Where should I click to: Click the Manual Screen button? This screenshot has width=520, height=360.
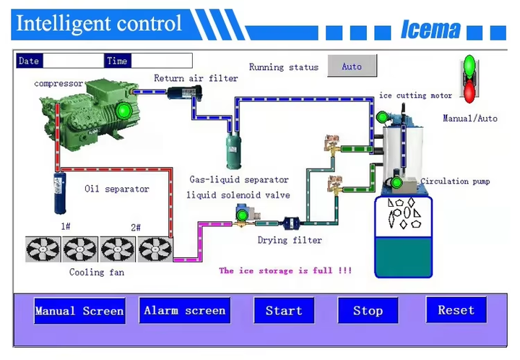79,312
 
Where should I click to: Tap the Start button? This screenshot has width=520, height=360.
284,311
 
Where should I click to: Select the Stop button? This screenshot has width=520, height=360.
368,311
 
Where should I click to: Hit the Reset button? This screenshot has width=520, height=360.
456,310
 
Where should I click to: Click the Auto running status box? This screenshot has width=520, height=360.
352,67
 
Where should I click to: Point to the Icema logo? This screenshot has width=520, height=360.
430,29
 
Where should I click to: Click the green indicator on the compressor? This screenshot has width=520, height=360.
123,111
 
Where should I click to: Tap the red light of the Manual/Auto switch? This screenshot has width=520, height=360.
469,91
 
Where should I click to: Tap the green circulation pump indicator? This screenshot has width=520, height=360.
396,183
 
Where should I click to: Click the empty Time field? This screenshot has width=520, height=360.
161,61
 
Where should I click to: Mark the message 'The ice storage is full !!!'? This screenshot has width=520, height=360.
285,270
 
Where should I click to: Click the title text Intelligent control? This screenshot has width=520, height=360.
99,23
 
